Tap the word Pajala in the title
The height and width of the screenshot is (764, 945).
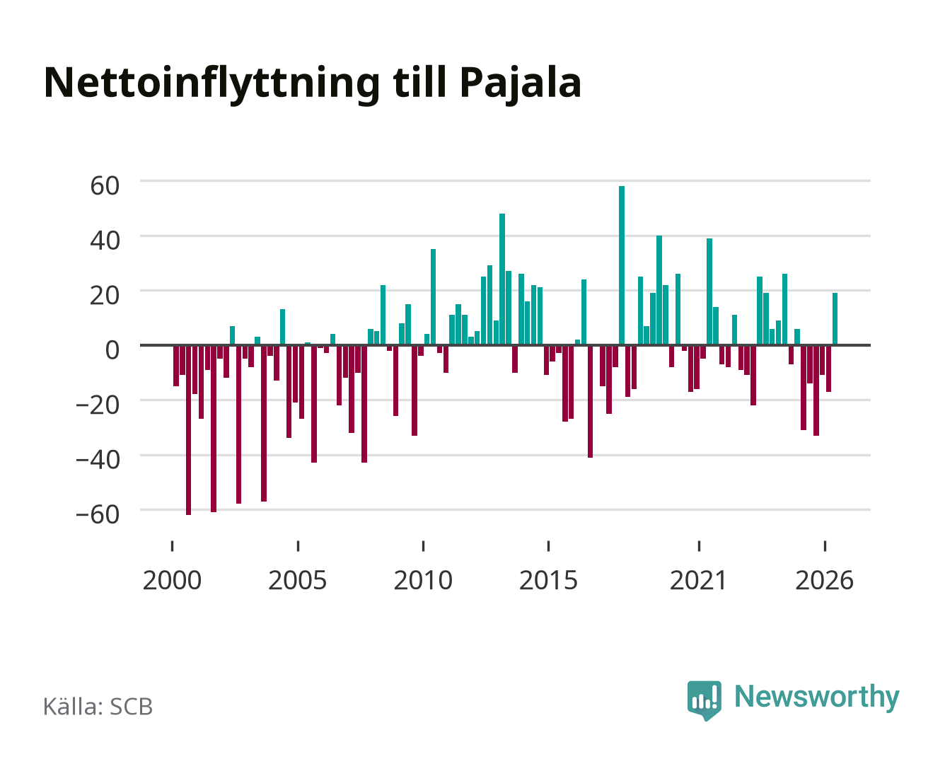[520, 83]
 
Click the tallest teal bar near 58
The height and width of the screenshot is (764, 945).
[622, 265]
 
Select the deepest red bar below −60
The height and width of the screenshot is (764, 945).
[189, 430]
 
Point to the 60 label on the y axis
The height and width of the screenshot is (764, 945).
[105, 185]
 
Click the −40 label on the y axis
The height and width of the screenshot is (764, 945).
[98, 460]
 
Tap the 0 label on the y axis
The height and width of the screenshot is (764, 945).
[112, 350]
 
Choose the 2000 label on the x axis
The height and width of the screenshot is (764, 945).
[172, 580]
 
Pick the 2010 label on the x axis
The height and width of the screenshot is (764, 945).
[423, 580]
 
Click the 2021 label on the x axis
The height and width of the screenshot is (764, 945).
[698, 580]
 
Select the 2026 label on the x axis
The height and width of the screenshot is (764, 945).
[824, 580]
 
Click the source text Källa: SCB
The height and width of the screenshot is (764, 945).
[98, 706]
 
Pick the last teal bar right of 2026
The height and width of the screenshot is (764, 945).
[835, 318]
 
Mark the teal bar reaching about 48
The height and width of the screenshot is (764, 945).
[502, 279]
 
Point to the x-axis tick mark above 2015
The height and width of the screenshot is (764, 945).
[548, 545]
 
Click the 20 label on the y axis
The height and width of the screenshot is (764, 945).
[105, 295]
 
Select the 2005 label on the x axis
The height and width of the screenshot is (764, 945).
[298, 580]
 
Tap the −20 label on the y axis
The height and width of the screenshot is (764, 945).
[98, 405]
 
